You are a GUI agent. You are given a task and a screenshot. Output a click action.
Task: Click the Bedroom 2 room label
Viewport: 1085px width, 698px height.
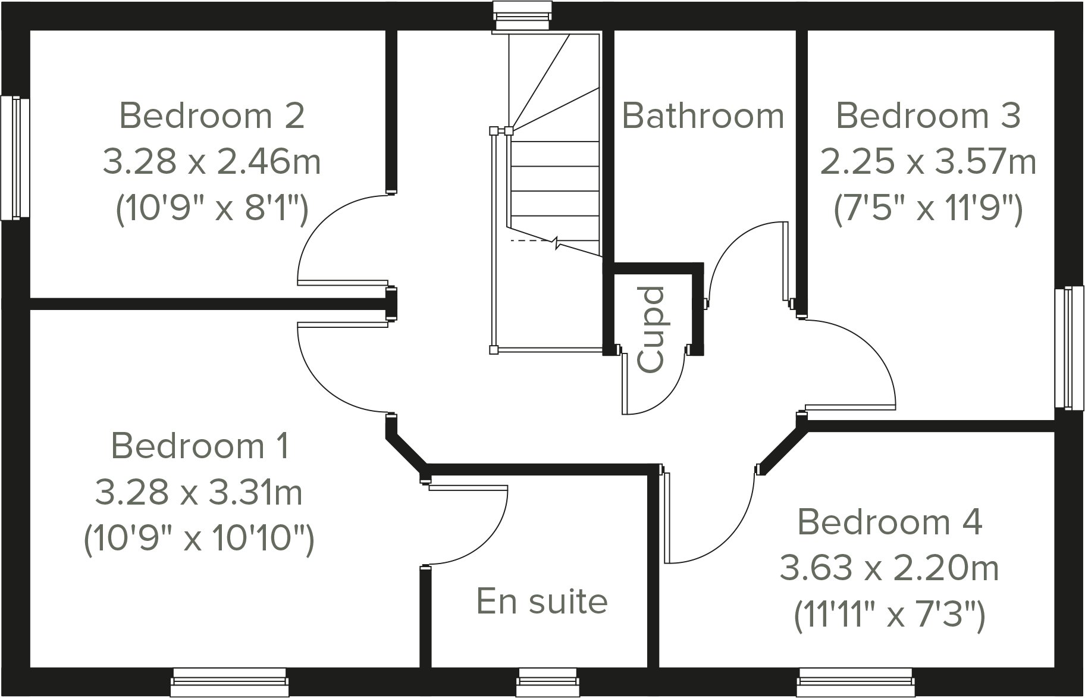click(212, 115)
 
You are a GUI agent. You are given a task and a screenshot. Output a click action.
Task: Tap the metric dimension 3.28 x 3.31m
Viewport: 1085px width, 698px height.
click(199, 493)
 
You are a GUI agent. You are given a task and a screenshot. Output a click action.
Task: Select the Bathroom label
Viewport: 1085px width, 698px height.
click(703, 115)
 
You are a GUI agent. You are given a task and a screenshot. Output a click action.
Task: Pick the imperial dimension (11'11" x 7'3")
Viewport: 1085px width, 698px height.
click(889, 614)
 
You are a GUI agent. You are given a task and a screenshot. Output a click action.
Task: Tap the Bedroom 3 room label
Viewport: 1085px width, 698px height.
click(928, 115)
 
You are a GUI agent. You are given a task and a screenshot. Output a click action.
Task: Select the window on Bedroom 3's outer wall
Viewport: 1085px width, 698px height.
click(1070, 348)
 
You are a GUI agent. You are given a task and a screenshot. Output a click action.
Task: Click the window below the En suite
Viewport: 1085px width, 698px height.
click(547, 682)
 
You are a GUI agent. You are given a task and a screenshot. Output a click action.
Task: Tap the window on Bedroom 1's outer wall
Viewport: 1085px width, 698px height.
click(230, 682)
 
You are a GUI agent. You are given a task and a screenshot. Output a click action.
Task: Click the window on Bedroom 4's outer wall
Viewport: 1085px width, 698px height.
click(855, 682)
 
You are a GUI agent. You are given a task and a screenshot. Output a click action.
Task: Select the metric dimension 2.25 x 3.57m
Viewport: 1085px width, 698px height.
click(928, 161)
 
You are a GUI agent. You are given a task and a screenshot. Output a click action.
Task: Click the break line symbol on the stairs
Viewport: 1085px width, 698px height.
click(557, 243)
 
